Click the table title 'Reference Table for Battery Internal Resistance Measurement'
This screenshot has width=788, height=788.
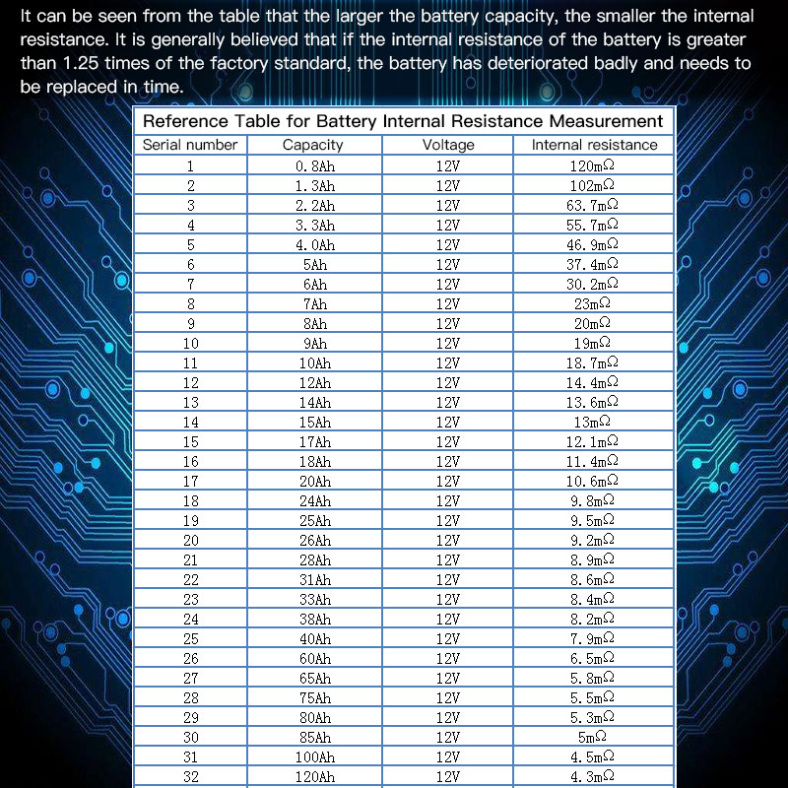pos(403,121)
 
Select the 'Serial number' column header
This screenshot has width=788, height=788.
pos(190,145)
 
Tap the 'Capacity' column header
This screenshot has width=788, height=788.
pos(313,145)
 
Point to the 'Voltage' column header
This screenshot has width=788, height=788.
pos(448,145)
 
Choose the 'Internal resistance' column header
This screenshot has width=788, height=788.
pos(594,145)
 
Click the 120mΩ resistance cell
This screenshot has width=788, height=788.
pos(593,165)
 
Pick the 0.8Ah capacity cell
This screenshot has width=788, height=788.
pos(315,165)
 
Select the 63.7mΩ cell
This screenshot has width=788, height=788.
pos(593,205)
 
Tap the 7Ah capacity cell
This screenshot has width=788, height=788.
pos(315,303)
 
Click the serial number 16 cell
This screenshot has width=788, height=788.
pos(190,461)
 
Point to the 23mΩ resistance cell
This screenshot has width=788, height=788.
pos(593,303)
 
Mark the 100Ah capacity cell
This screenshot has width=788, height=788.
pos(315,756)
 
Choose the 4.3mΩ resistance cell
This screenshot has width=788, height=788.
pos(593,776)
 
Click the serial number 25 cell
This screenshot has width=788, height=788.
pos(190,638)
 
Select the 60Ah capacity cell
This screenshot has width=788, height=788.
pos(315,658)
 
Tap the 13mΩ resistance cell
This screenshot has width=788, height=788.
pos(593,422)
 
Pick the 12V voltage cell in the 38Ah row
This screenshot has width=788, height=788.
pos(448,619)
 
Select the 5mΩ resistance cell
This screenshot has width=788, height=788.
pos(593,737)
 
